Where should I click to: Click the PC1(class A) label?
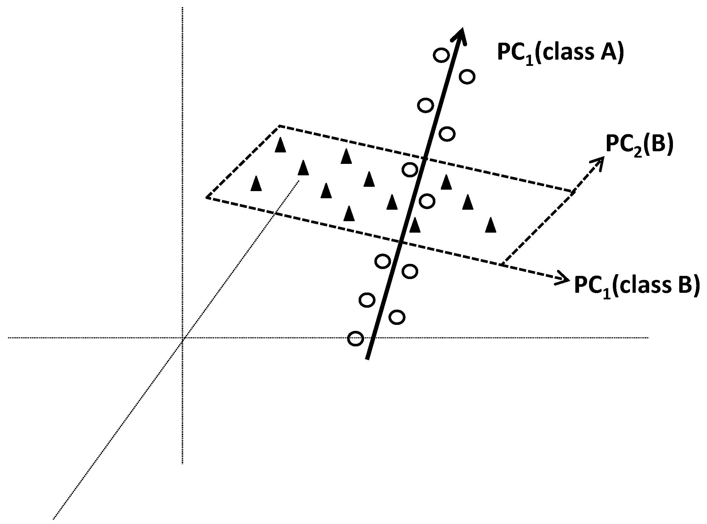pyautogui.click(x=560, y=53)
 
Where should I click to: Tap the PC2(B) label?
pyautogui.click(x=639, y=145)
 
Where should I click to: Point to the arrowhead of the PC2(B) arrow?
pyautogui.click(x=600, y=162)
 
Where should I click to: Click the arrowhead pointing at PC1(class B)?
pyautogui.click(x=564, y=279)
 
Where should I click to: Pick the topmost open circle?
pyautogui.click(x=441, y=55)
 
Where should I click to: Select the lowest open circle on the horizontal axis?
pyautogui.click(x=355, y=338)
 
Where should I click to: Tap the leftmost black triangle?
pyautogui.click(x=256, y=184)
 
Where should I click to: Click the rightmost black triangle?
pyautogui.click(x=491, y=225)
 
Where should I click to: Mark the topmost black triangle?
pyautogui.click(x=280, y=145)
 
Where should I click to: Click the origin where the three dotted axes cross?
pyautogui.click(x=183, y=338)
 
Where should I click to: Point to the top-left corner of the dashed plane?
pyautogui.click(x=279, y=126)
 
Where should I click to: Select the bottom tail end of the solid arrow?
pyautogui.click(x=367, y=359)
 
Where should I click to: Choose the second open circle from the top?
pyautogui.click(x=467, y=77)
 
